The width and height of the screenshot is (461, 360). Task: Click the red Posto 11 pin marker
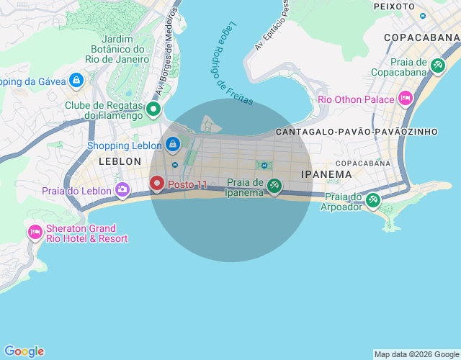[x=157, y=184]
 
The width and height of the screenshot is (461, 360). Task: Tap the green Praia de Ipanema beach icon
[x=274, y=186]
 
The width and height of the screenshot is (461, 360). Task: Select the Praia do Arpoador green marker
[x=372, y=201]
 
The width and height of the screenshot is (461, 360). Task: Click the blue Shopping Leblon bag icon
[x=172, y=145]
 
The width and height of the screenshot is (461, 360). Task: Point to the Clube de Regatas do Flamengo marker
[x=153, y=110]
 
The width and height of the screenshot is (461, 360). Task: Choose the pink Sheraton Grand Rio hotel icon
[x=35, y=232]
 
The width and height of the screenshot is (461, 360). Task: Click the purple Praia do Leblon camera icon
[x=122, y=190]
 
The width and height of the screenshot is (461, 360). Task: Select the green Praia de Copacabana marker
[x=438, y=66]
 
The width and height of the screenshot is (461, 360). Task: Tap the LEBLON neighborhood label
[x=120, y=161]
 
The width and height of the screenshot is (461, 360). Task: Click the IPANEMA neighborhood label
[x=326, y=174]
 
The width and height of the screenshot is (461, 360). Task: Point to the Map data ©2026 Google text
[x=416, y=354]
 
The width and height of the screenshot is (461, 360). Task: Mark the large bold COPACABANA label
[x=421, y=37]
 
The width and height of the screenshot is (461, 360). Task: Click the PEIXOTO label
[x=394, y=6]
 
